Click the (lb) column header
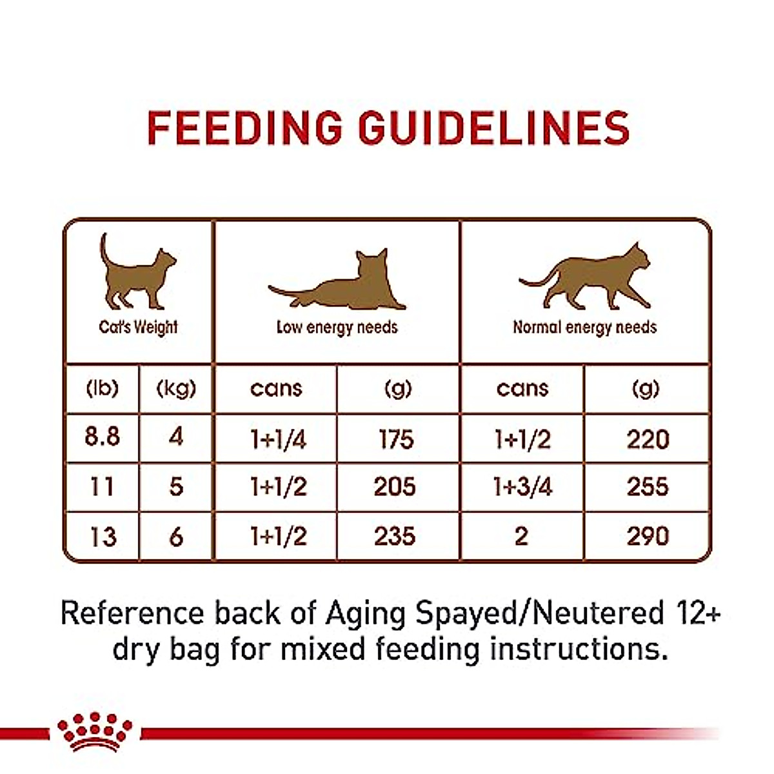coord(102,388)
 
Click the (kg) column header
coord(176,388)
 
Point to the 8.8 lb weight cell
coord(102,437)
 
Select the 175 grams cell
coord(395,439)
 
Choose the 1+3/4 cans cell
coord(522,487)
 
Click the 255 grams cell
coord(648,487)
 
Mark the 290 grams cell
coord(648,536)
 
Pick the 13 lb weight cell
coord(102,536)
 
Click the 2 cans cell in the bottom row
coord(521,536)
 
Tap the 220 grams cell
coord(648,439)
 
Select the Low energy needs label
coord(337,328)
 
